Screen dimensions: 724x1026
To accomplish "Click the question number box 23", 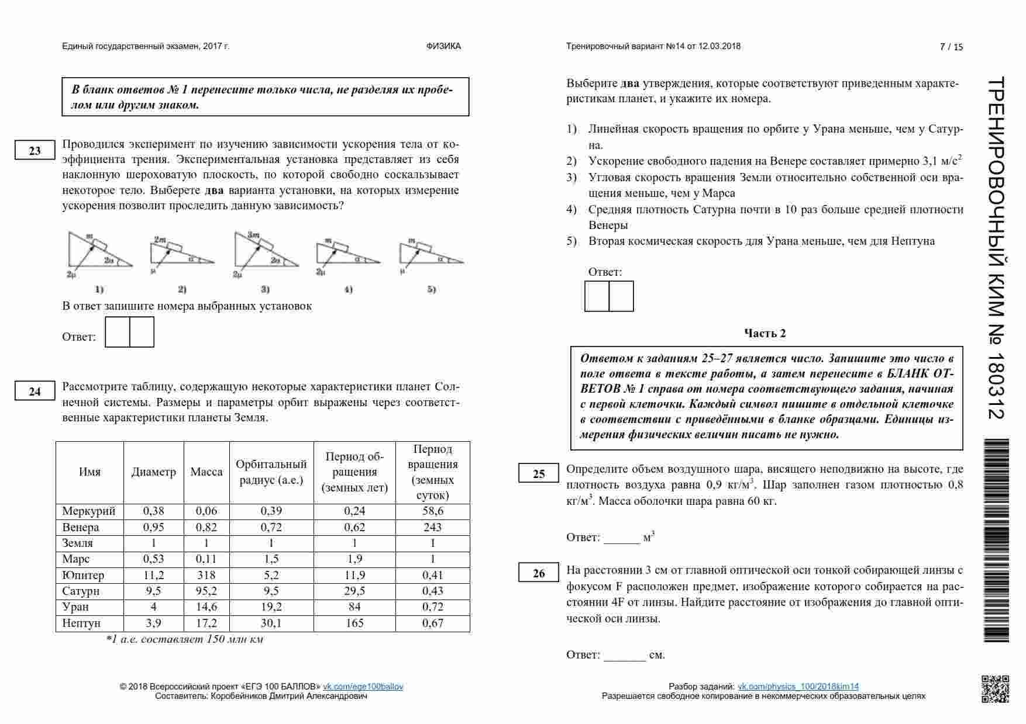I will (x=35, y=150).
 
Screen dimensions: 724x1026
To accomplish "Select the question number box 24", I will (x=35, y=392).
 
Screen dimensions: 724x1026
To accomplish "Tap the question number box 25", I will (x=539, y=474).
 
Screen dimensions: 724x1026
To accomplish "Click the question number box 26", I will (x=539, y=573).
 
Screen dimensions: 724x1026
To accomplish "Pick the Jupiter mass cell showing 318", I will (x=206, y=575).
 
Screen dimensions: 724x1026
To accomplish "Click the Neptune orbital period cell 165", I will (x=354, y=623).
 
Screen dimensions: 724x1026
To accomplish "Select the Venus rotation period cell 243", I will (x=432, y=527).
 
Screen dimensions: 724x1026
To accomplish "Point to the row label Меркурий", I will (x=89, y=511).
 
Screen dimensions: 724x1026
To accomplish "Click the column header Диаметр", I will (x=153, y=472).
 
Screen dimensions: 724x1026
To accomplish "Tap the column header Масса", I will (x=206, y=472).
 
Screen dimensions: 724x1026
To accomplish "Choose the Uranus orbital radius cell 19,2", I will (x=271, y=607).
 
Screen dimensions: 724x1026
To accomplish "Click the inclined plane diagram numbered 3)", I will (x=266, y=252).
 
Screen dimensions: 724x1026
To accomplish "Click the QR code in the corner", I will (x=995, y=688).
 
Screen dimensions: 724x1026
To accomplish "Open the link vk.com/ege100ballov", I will (x=363, y=687).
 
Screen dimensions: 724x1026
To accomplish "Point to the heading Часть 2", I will (x=765, y=333).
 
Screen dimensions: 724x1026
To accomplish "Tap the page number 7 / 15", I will (x=951, y=47).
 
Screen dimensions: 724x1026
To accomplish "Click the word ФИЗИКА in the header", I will (x=443, y=46).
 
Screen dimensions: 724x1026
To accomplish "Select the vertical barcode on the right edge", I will (x=996, y=541).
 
